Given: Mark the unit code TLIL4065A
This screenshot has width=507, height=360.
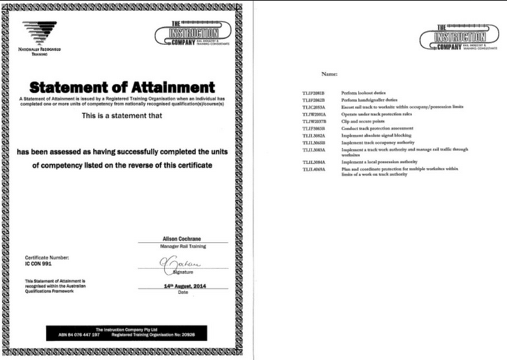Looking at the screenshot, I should pyautogui.click(x=315, y=169).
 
